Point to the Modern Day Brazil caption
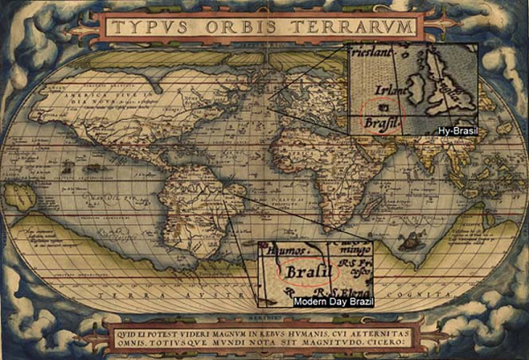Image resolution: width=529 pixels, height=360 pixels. coord(331,301)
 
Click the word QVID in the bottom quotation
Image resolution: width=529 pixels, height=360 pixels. coord(127,332)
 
